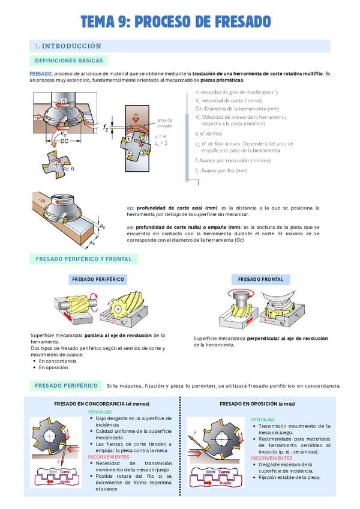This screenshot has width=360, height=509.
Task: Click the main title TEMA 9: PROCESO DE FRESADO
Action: (x=176, y=22)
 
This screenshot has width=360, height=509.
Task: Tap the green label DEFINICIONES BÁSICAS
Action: (x=69, y=61)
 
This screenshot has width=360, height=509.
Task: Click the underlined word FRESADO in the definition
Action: (x=41, y=73)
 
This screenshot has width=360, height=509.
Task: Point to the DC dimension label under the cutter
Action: (x=64, y=141)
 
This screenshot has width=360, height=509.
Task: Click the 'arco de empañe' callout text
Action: (x=164, y=124)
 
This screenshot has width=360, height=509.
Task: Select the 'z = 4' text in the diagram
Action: (x=160, y=137)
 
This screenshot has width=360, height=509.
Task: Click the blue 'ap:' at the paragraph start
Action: (x=131, y=208)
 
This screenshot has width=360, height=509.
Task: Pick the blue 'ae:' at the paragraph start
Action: (x=131, y=227)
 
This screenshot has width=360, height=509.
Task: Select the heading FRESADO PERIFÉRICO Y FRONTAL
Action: (x=83, y=259)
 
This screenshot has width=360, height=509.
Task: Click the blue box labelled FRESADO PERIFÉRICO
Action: (x=98, y=279)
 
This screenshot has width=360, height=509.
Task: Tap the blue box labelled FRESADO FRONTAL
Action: (x=260, y=279)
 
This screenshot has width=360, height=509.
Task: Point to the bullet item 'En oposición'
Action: (x=53, y=367)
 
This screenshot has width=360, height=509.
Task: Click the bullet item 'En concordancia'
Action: (x=58, y=361)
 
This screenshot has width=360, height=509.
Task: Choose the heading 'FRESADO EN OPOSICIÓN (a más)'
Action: (x=257, y=403)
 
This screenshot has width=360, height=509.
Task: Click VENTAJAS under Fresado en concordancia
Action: (x=100, y=412)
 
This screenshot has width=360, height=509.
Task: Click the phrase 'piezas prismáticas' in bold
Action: (x=218, y=80)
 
